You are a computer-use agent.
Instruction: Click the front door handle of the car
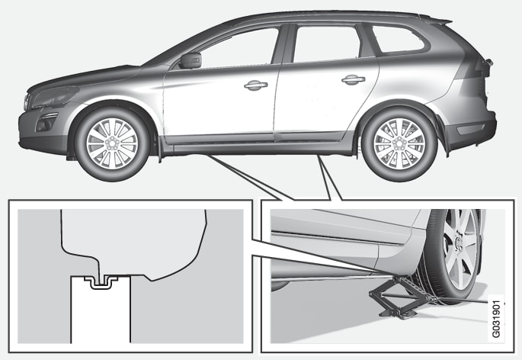pos(256,85)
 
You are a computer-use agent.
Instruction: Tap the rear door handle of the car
pos(354,79)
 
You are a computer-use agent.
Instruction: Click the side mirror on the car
pos(191,60)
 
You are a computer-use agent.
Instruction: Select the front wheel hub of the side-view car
pos(112,143)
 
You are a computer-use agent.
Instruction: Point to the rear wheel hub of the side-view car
pos(399,143)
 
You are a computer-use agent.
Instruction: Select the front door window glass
pos(239,48)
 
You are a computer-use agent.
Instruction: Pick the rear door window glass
pos(326,44)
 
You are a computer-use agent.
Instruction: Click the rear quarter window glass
pos(398,39)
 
